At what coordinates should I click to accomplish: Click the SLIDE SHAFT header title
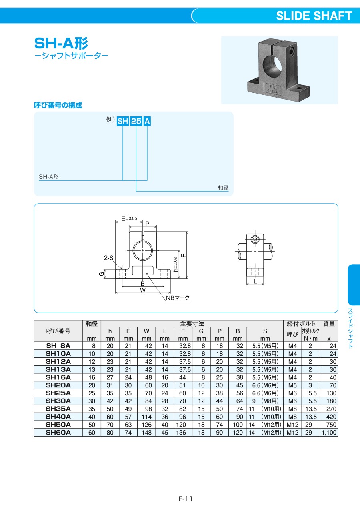[x=314, y=16]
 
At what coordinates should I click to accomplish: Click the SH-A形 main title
[x=61, y=43]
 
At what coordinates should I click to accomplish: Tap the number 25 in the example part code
[x=136, y=121]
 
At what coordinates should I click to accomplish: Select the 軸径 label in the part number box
[x=223, y=188]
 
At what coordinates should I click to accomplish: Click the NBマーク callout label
[x=178, y=298]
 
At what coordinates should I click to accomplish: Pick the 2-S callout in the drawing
[x=108, y=258]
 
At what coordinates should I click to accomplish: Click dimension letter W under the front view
[x=143, y=290]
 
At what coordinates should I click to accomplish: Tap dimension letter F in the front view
[x=184, y=255]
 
